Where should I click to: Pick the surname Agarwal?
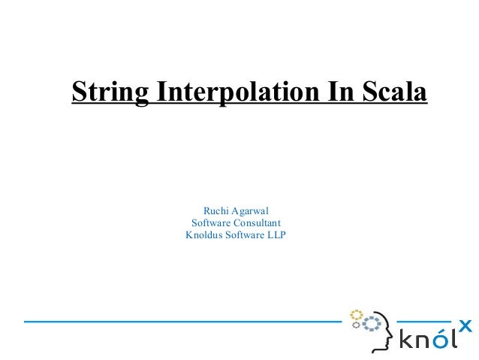[x=252, y=210]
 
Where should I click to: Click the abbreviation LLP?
[x=275, y=236]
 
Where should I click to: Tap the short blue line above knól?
[x=423, y=322]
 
